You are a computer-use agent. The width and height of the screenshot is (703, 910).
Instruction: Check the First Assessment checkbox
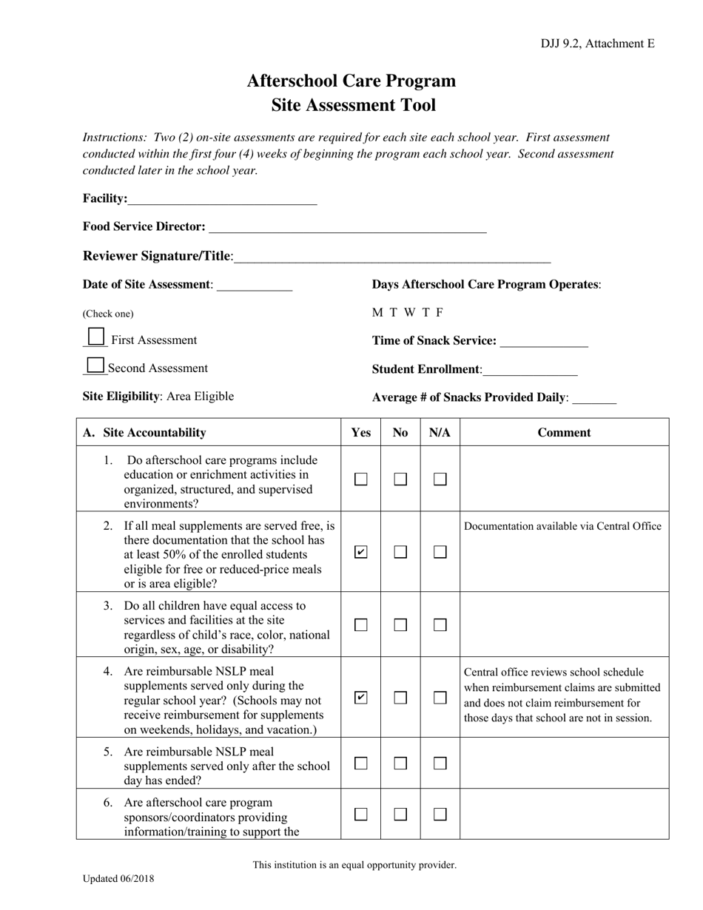point(95,337)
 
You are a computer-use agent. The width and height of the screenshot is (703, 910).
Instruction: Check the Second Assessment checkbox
point(95,365)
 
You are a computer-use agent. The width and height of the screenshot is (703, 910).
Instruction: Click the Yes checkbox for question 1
point(361,479)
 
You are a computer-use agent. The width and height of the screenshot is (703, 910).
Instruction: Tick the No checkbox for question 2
point(400,552)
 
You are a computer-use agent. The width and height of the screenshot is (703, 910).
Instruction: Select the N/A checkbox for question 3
point(440,625)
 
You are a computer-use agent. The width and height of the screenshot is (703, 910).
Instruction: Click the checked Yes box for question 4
point(361,698)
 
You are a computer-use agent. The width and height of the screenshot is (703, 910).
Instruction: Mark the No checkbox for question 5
point(400,764)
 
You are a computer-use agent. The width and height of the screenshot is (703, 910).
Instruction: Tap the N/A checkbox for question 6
point(440,815)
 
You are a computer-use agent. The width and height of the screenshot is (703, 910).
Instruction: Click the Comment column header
point(564,433)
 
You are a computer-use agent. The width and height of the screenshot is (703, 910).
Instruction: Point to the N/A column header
point(440,433)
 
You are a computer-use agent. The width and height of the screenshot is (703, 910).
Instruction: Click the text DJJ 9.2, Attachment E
point(597,44)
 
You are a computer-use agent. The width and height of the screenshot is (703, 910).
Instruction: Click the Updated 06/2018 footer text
point(118,879)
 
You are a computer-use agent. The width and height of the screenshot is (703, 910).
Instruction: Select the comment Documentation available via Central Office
point(562,526)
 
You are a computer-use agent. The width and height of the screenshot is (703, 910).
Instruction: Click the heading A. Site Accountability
point(145,433)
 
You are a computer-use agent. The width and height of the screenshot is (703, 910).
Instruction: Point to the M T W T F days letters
point(408,312)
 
